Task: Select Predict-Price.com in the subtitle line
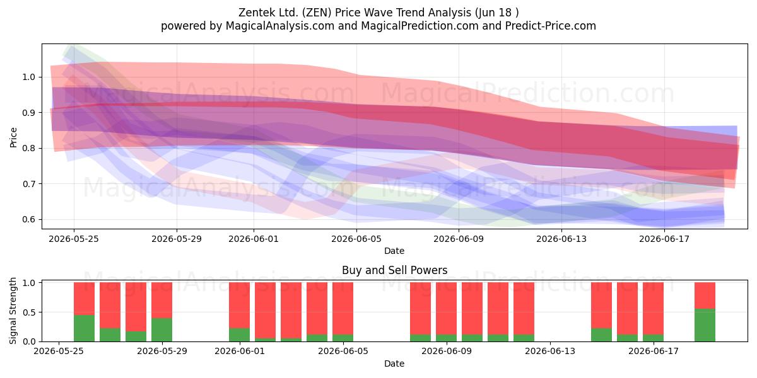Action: pyautogui.click(x=551, y=26)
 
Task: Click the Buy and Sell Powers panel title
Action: pyautogui.click(x=394, y=270)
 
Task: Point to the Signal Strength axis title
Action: pyautogui.click(x=13, y=311)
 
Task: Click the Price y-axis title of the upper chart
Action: pyautogui.click(x=13, y=137)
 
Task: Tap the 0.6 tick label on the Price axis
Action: pyautogui.click(x=29, y=219)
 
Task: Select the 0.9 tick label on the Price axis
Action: pyautogui.click(x=29, y=113)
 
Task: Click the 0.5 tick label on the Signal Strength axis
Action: pyautogui.click(x=29, y=312)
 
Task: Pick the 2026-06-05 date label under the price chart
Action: pyautogui.click(x=356, y=239)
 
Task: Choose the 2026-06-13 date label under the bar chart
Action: pyautogui.click(x=550, y=351)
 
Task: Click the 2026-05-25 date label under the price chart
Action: pyautogui.click(x=74, y=239)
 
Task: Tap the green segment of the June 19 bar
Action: pyautogui.click(x=705, y=325)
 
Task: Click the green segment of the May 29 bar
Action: pyautogui.click(x=161, y=329)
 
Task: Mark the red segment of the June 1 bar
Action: pyautogui.click(x=239, y=305)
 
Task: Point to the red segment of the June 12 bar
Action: pyautogui.click(x=524, y=308)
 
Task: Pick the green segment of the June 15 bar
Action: pyautogui.click(x=602, y=335)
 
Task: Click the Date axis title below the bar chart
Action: pyautogui.click(x=394, y=364)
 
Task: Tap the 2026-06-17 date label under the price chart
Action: pyautogui.click(x=664, y=239)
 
